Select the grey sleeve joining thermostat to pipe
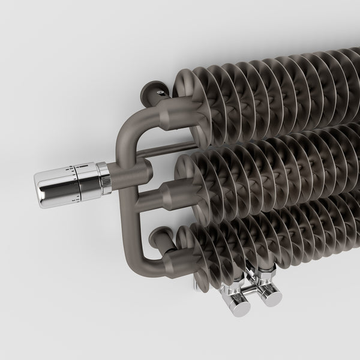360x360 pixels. (x=114, y=175)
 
